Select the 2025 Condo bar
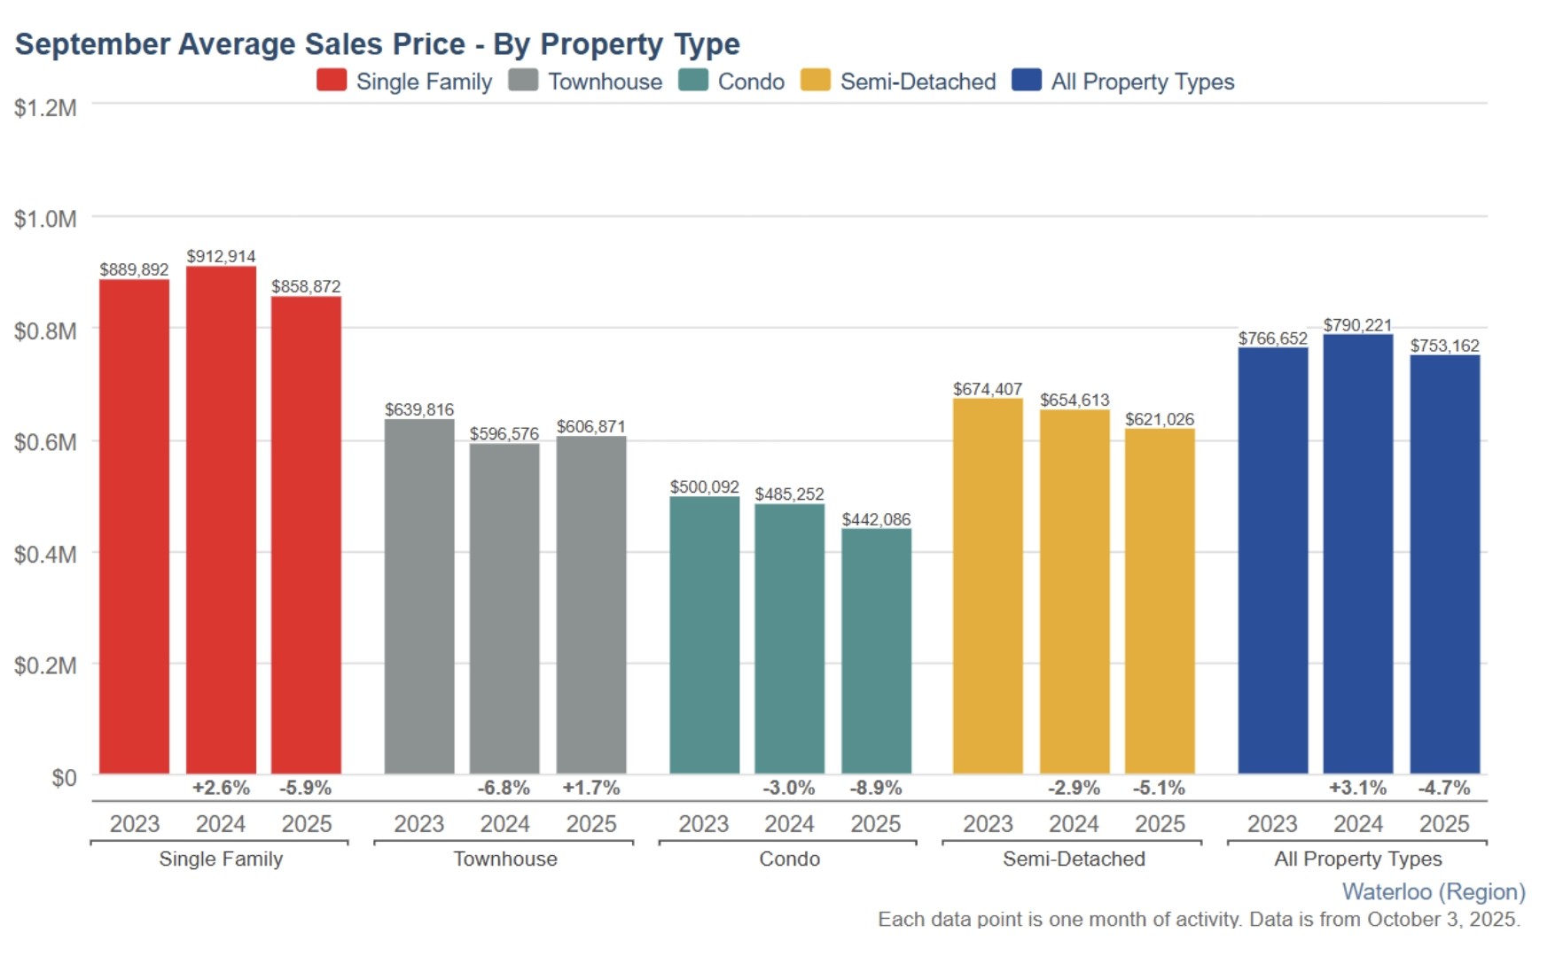tap(876, 651)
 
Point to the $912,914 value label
tap(221, 256)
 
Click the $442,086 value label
tap(876, 519)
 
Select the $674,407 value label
tap(988, 389)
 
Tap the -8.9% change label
tap(876, 788)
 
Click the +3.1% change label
tap(1357, 788)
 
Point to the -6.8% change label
tap(504, 788)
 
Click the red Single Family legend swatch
tap(332, 81)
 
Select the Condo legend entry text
tap(751, 82)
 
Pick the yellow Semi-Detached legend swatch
tap(816, 81)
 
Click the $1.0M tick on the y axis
tap(45, 219)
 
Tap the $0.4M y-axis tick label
tap(45, 555)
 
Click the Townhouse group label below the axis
tap(505, 859)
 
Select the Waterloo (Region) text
tap(1434, 891)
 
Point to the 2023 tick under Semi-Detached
tap(988, 824)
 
